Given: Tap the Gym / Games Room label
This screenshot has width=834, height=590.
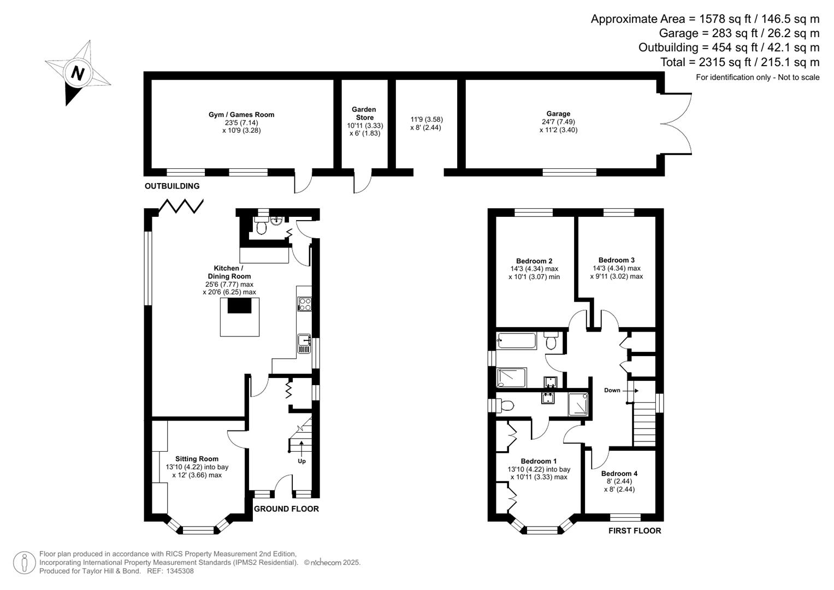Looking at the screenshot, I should [x=241, y=115].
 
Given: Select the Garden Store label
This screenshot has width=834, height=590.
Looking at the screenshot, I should [x=364, y=113].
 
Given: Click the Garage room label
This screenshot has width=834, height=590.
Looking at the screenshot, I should [x=558, y=114].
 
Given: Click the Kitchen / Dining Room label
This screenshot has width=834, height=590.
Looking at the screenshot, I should [x=229, y=272].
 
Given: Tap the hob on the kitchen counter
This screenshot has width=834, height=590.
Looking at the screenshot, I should [x=304, y=304].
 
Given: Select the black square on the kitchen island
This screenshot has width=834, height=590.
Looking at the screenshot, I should [x=239, y=306].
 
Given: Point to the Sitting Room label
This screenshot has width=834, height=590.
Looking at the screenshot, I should [x=197, y=459].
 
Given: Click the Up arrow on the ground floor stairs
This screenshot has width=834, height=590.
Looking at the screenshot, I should [x=301, y=451].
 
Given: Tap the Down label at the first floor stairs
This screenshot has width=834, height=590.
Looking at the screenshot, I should [x=612, y=390].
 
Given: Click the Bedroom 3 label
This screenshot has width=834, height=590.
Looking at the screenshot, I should [x=616, y=260].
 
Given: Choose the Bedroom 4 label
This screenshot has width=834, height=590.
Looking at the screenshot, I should [x=619, y=474].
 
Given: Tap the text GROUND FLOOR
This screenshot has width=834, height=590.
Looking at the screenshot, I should [x=286, y=509].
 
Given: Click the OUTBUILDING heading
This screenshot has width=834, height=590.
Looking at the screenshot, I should [x=172, y=186].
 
